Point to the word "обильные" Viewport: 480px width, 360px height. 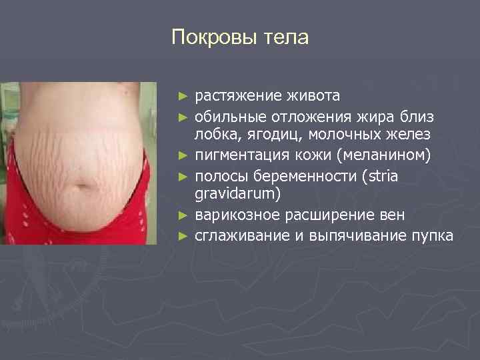pos(225,117)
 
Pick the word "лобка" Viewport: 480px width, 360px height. pos(212,136)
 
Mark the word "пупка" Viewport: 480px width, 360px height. pos(432,236)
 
